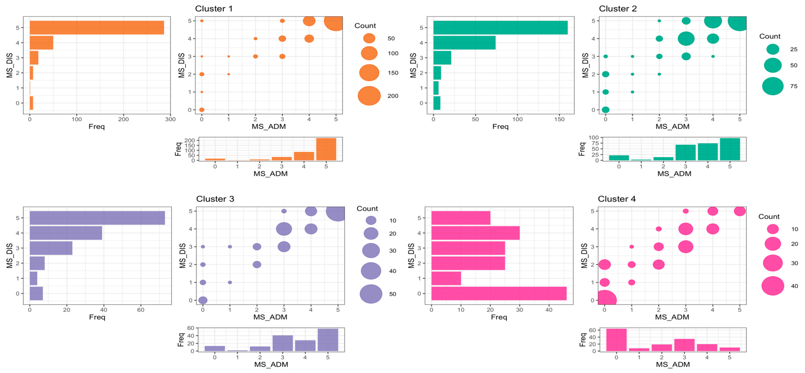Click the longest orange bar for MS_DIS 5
click(97, 27)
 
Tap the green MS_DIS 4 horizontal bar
click(464, 43)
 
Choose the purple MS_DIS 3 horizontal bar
click(51, 248)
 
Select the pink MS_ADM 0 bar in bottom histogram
click(616, 340)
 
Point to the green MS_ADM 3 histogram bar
click(686, 153)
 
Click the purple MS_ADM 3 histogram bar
click(283, 343)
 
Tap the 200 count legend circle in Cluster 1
click(369, 96)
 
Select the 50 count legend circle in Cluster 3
click(371, 294)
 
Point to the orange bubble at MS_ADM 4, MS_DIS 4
click(309, 39)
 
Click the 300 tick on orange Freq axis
click(170, 119)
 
